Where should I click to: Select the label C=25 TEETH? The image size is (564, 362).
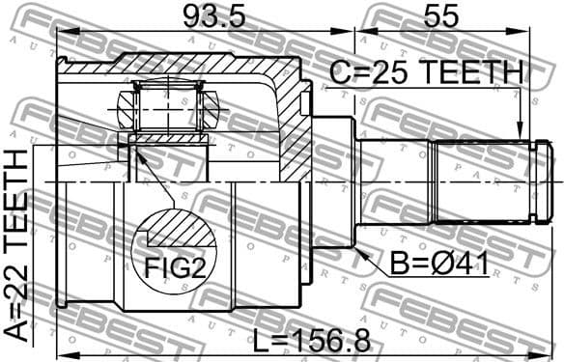click(x=425, y=72)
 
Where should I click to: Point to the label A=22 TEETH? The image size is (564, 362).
click(x=17, y=245)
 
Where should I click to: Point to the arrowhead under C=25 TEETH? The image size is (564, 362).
click(x=520, y=135)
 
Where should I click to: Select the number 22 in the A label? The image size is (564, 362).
click(x=17, y=280)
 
